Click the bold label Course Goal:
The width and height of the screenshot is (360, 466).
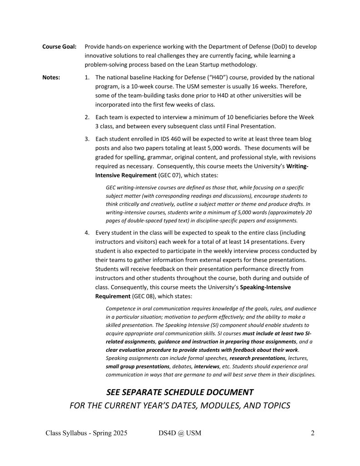pyautogui.click(x=59, y=47)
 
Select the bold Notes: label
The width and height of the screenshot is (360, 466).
pyautogui.click(x=51, y=77)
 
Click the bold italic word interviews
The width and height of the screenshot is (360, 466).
pyautogui.click(x=207, y=366)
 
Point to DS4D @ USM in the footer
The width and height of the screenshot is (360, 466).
pyautogui.click(x=177, y=433)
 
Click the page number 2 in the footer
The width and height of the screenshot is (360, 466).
pyautogui.click(x=313, y=433)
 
